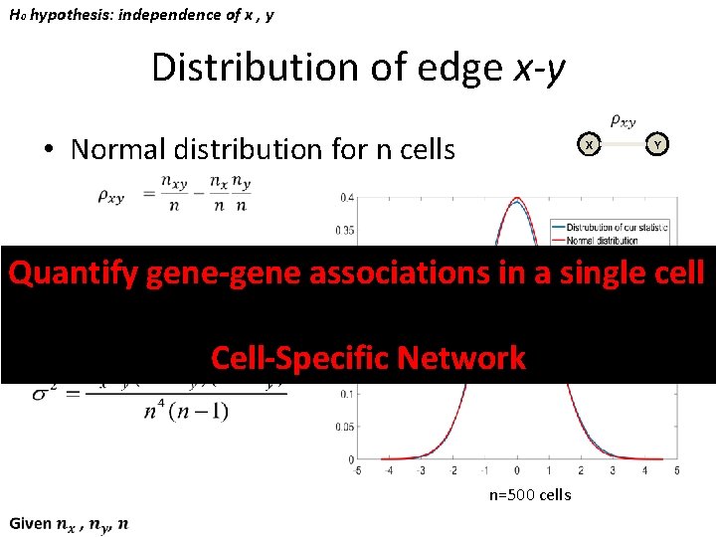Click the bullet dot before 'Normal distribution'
[48, 150]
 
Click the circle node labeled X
[590, 145]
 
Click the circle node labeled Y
[656, 145]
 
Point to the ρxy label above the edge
[623, 120]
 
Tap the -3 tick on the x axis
[422, 470]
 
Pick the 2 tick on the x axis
[581, 470]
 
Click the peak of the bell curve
[517, 200]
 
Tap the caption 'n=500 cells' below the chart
[529, 494]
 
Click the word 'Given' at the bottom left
[30, 524]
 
